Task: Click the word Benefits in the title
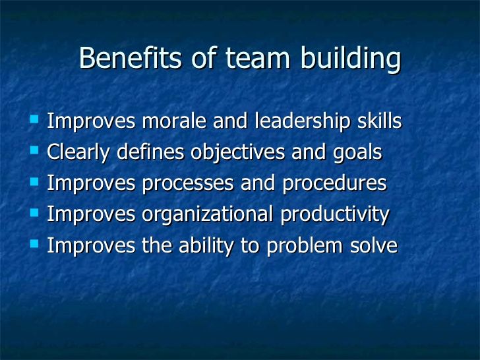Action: [x=130, y=57]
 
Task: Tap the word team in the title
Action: [x=257, y=57]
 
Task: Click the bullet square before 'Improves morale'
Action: [x=34, y=119]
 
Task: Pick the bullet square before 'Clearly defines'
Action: [x=34, y=150]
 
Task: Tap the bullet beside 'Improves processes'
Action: [x=34, y=182]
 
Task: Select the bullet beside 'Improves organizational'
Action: [x=34, y=212]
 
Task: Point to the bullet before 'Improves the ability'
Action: [x=34, y=244]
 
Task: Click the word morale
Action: [x=174, y=121]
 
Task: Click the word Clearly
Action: [x=78, y=153]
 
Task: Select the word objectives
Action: [x=237, y=153]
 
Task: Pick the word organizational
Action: [x=207, y=215]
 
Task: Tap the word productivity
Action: [x=334, y=215]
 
